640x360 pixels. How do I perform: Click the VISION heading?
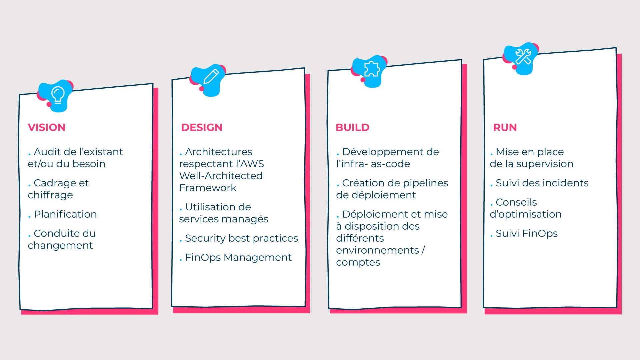[47, 127]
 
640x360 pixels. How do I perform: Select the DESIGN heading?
[202, 127]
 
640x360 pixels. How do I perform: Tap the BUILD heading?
[353, 127]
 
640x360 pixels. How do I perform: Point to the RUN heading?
[505, 127]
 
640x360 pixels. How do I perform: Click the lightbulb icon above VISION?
[58, 95]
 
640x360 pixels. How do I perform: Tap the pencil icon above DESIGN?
[211, 77]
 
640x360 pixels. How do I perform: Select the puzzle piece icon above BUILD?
[372, 69]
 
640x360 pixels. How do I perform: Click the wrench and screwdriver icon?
[523, 56]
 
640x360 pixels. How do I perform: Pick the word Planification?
[65, 214]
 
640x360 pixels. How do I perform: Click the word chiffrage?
[50, 195]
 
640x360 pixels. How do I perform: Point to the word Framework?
[208, 188]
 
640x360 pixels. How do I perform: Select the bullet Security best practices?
[239, 238]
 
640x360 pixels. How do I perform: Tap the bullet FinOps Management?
[235, 257]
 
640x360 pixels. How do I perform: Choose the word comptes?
[358, 263]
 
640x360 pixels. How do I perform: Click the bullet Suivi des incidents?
[539, 183]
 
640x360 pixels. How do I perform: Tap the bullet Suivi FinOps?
[524, 233]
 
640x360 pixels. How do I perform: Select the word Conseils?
[516, 202]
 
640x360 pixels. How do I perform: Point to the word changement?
[60, 245]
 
